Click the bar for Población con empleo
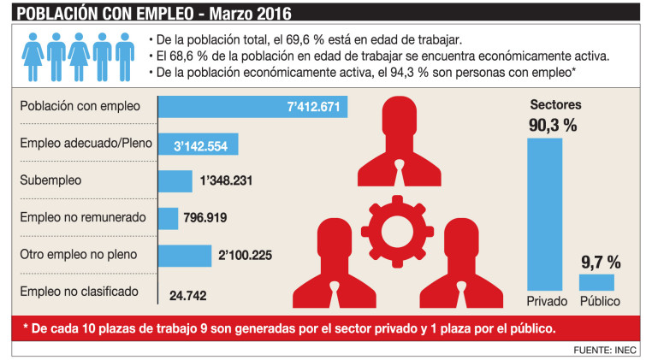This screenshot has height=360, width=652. point(252,108)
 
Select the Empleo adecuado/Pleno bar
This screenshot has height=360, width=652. point(198,145)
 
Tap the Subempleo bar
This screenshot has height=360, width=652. point(175,181)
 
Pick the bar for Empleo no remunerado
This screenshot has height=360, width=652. point(168,218)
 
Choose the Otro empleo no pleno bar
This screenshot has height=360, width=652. point(185,255)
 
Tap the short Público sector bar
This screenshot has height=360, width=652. point(596,281)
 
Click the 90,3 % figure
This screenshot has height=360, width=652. point(554,126)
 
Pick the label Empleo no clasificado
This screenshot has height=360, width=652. point(79,292)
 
